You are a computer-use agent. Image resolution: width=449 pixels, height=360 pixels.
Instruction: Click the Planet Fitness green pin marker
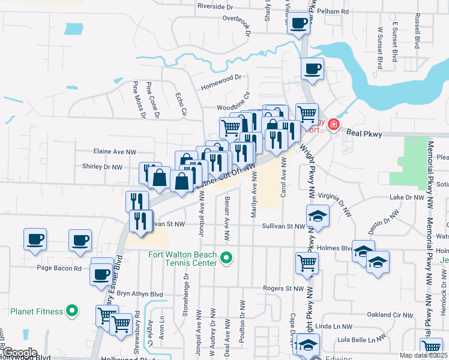(71, 311)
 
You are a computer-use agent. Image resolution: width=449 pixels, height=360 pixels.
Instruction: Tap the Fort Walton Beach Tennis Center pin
(226, 259)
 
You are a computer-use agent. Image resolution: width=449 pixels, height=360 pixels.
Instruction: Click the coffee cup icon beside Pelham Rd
(299, 24)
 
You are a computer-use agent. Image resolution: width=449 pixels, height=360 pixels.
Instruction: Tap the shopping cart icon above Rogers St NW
(307, 262)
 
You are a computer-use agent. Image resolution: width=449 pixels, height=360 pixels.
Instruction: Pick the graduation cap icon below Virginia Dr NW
(318, 215)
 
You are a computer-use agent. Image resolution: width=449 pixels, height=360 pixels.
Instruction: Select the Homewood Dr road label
(220, 77)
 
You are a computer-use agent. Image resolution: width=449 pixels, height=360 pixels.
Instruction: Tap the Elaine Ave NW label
(115, 152)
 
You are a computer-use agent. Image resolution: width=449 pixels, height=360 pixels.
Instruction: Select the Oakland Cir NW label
(390, 314)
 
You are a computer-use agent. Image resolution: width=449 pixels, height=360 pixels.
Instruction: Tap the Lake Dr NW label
(406, 197)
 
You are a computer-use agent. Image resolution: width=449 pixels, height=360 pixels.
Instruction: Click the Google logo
(19, 353)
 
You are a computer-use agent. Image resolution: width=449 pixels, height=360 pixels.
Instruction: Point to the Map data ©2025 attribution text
(423, 355)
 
